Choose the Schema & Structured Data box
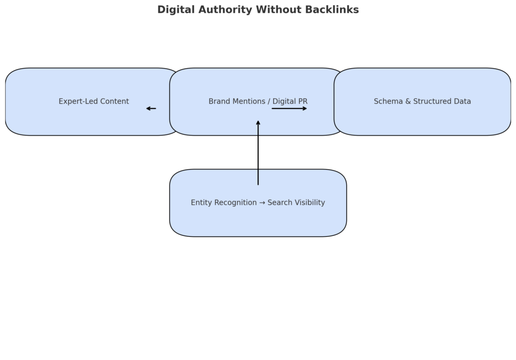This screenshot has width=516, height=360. point(422,101)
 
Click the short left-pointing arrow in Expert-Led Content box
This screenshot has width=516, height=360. point(151,108)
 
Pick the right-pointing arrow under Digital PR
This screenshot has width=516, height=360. point(289,108)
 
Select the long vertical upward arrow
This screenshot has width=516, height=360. point(258,152)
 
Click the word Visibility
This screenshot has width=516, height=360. point(310,203)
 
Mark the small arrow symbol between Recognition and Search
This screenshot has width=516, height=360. point(262,203)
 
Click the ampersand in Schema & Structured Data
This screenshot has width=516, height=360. point(408,101)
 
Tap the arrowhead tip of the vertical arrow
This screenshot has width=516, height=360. point(258,121)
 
